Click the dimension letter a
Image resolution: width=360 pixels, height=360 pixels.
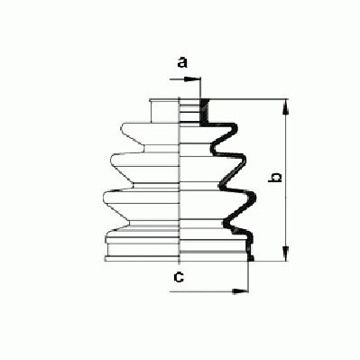181,62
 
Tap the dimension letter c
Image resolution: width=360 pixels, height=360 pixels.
180,277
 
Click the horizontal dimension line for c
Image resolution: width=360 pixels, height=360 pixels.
212,291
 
